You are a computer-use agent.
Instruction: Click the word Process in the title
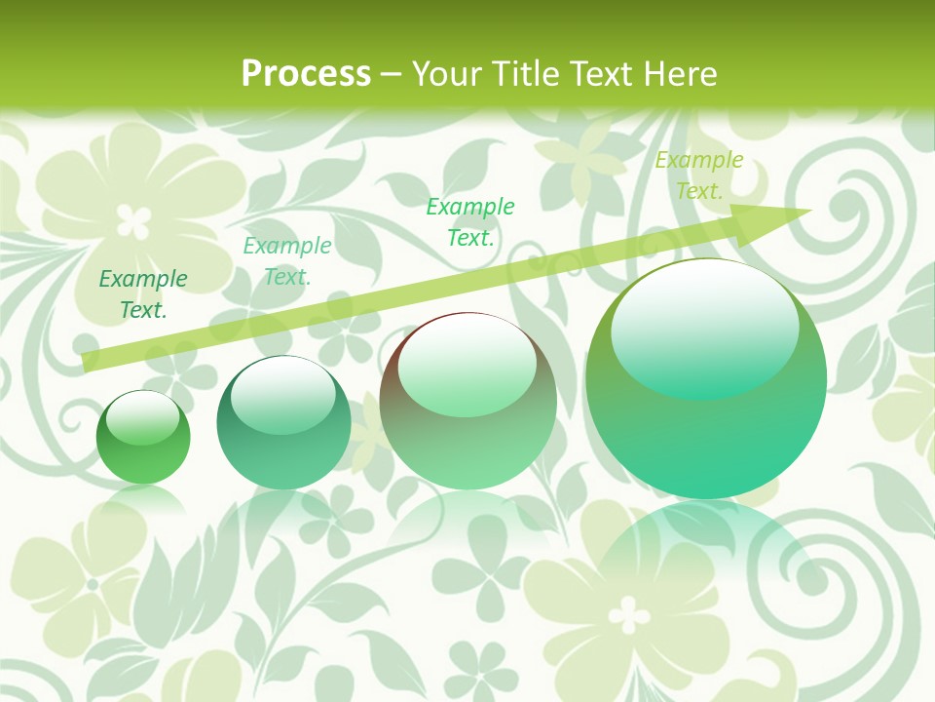tap(306, 74)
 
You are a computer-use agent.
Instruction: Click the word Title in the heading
tap(521, 74)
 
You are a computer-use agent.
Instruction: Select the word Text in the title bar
tap(598, 74)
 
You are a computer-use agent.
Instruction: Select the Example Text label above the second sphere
tap(286, 261)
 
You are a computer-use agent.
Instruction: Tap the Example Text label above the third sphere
tap(470, 221)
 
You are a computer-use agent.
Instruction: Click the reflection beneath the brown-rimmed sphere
tap(467, 522)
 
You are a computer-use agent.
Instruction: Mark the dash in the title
tap(392, 74)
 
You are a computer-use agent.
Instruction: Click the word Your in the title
tap(449, 74)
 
